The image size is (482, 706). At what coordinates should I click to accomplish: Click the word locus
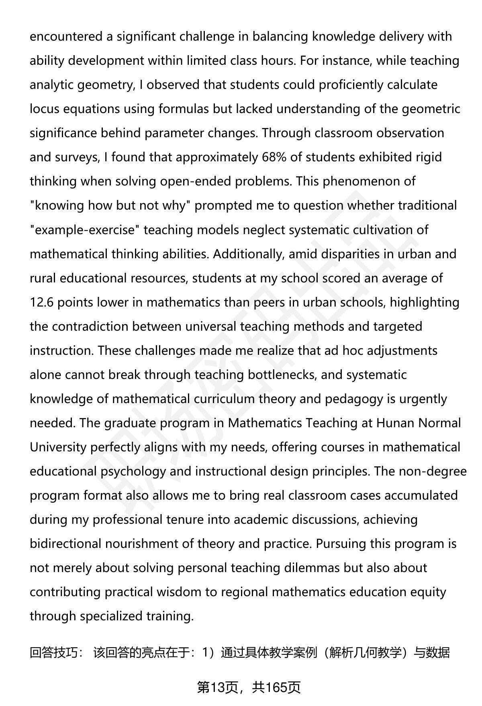point(44,109)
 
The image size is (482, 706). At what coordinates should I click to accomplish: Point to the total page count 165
point(277,687)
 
